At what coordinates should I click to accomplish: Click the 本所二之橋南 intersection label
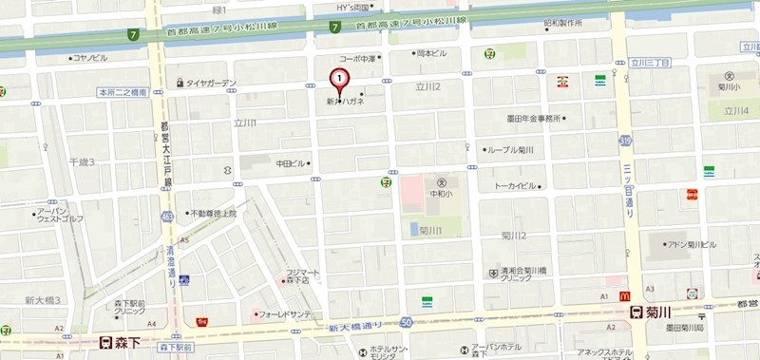[123, 92]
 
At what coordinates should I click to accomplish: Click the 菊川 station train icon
[636, 313]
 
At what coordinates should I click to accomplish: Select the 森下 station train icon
[106, 342]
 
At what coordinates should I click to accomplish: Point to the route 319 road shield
[626, 140]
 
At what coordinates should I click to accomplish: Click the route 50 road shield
[407, 323]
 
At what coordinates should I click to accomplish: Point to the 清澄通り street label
[171, 261]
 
